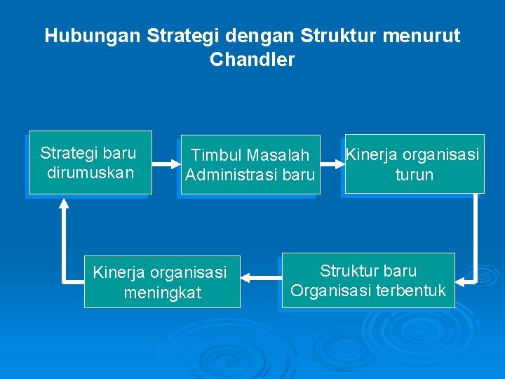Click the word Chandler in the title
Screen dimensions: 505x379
(x=252, y=60)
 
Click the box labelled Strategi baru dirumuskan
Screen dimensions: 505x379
(x=89, y=162)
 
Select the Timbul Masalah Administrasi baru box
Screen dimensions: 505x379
(x=250, y=164)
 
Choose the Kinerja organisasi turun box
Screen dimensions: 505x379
(x=414, y=164)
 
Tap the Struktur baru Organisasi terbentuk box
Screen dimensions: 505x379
(x=368, y=280)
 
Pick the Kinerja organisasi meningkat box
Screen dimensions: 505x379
(x=161, y=281)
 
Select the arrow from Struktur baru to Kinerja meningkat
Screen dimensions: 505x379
(x=261, y=280)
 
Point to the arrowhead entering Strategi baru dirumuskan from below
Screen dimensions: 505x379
(x=65, y=204)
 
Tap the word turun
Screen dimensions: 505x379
(x=414, y=174)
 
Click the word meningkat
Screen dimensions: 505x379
(x=162, y=292)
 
